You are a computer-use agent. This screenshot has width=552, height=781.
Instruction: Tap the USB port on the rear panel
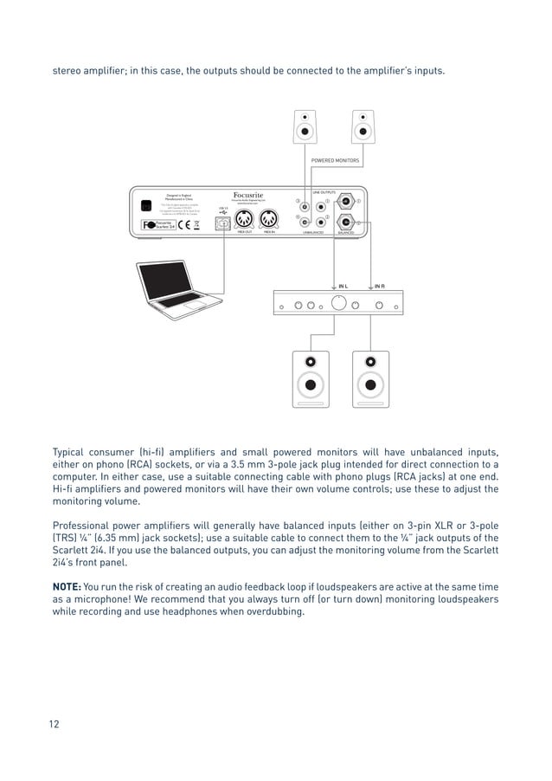coord(222,222)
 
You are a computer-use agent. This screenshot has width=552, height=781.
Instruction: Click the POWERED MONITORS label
coord(335,161)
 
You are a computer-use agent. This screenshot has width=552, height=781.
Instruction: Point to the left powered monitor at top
coord(307,129)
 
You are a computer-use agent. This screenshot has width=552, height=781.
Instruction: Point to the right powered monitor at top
coord(362,129)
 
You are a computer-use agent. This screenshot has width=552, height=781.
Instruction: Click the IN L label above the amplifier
coord(343,285)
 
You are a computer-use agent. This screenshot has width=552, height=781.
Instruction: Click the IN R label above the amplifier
coord(379,285)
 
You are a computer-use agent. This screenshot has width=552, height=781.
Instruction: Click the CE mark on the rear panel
coord(183,224)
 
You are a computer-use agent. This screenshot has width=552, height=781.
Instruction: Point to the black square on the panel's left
coord(146,205)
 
